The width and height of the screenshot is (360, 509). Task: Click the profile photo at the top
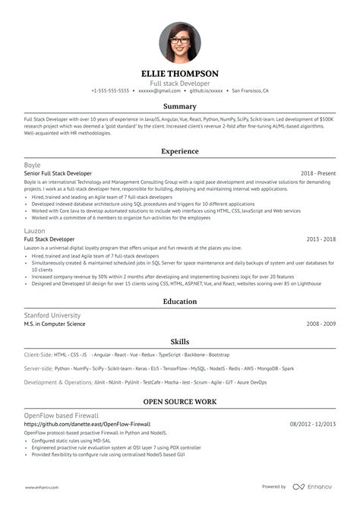(180, 42)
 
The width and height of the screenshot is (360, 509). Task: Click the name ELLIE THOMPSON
(180, 74)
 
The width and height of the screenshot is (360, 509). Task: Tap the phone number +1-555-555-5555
(110, 90)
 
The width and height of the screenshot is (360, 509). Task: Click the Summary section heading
(180, 106)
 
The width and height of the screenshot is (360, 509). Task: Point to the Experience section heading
(180, 152)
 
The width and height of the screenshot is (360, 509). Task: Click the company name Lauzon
(34, 230)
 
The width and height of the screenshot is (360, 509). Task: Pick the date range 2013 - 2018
(321, 239)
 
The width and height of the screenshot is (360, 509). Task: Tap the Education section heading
(180, 302)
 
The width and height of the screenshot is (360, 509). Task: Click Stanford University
(52, 315)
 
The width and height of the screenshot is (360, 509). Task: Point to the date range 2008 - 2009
(321, 323)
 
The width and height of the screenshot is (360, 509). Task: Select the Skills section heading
(180, 342)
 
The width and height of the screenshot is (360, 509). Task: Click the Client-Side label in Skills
(38, 355)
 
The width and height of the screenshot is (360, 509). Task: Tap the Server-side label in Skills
(38, 368)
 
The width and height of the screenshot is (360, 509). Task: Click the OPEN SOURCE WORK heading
(180, 401)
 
